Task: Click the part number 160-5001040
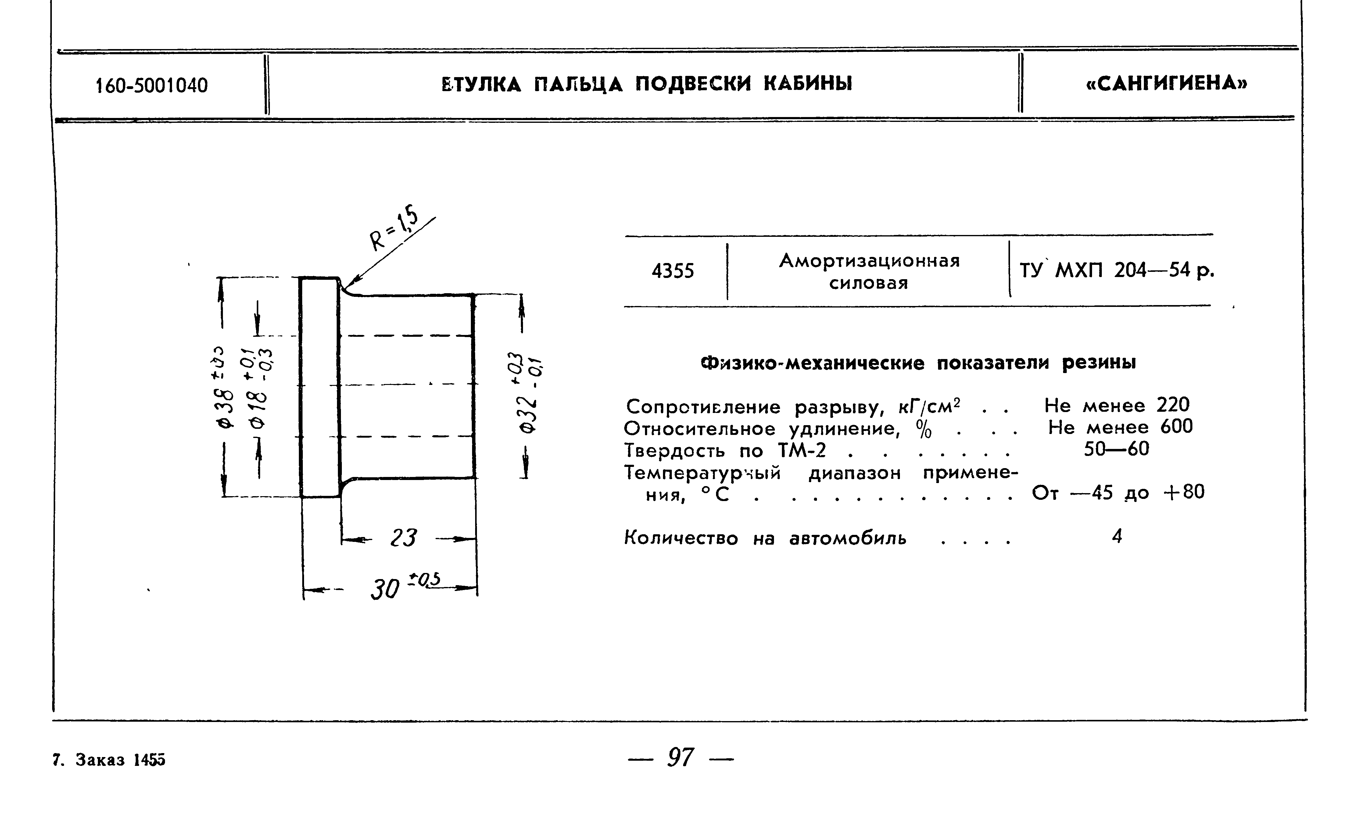(x=152, y=85)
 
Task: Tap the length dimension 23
(x=404, y=538)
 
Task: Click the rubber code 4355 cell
(x=673, y=271)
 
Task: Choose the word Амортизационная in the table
(x=869, y=261)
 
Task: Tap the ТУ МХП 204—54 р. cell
(x=1117, y=271)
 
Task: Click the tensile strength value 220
(x=1173, y=405)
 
